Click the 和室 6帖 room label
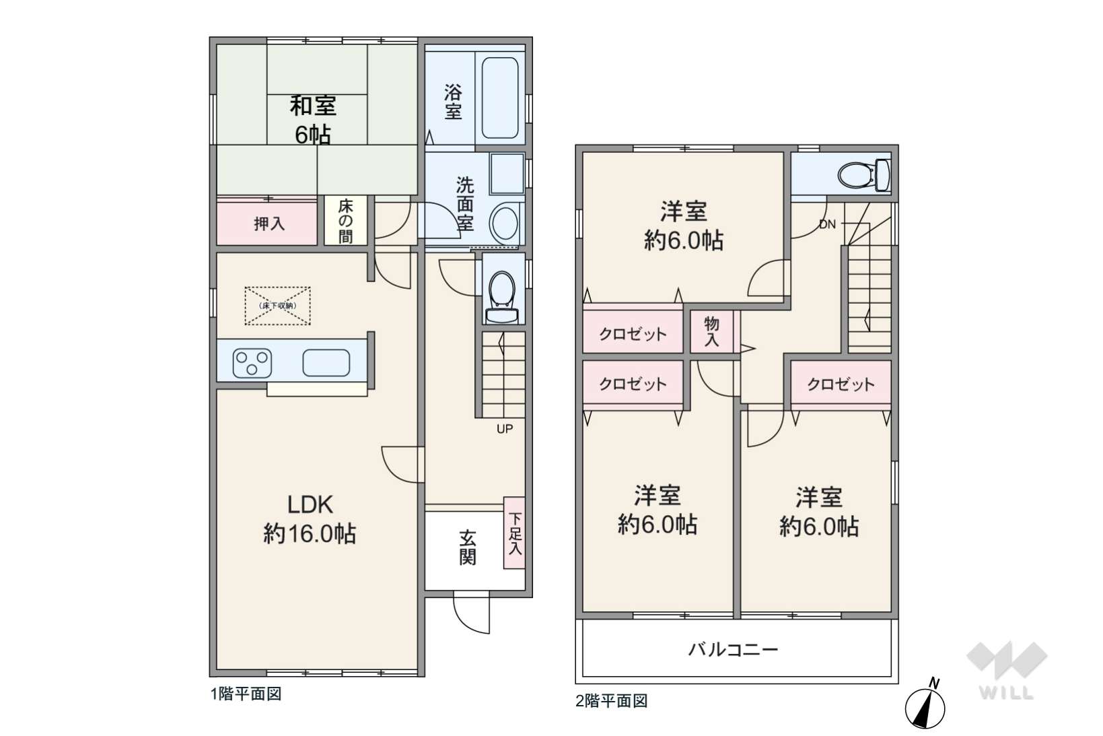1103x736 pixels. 313,121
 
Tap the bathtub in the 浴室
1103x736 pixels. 500,98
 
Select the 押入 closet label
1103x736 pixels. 269,224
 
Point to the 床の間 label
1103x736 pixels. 345,221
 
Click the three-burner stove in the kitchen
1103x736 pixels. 252,363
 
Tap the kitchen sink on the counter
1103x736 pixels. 326,363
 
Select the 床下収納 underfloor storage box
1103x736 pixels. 278,306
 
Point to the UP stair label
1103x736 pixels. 505,429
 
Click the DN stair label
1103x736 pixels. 827,225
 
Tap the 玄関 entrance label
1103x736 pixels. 467,547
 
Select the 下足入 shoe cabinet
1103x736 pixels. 514,533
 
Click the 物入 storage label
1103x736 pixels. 711,331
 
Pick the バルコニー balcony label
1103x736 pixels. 733,650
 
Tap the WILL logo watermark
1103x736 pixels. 1006,670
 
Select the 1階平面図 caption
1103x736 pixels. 246,694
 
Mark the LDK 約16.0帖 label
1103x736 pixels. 310,519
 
